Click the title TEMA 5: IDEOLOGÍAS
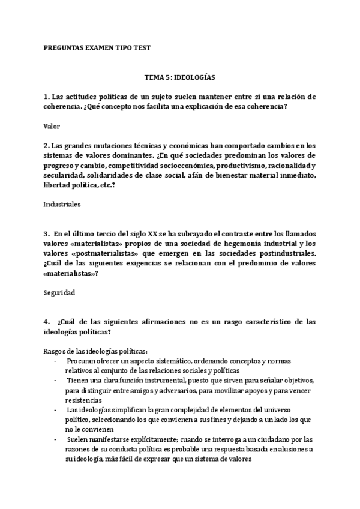[179, 78]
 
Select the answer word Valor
[52, 127]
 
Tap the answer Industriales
[62, 204]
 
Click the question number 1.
[46, 96]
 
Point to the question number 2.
[46, 146]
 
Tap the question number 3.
[46, 233]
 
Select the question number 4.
[46, 322]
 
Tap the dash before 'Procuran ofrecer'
[56, 360]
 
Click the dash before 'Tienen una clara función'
[56, 380]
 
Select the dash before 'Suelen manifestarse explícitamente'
[56, 439]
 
